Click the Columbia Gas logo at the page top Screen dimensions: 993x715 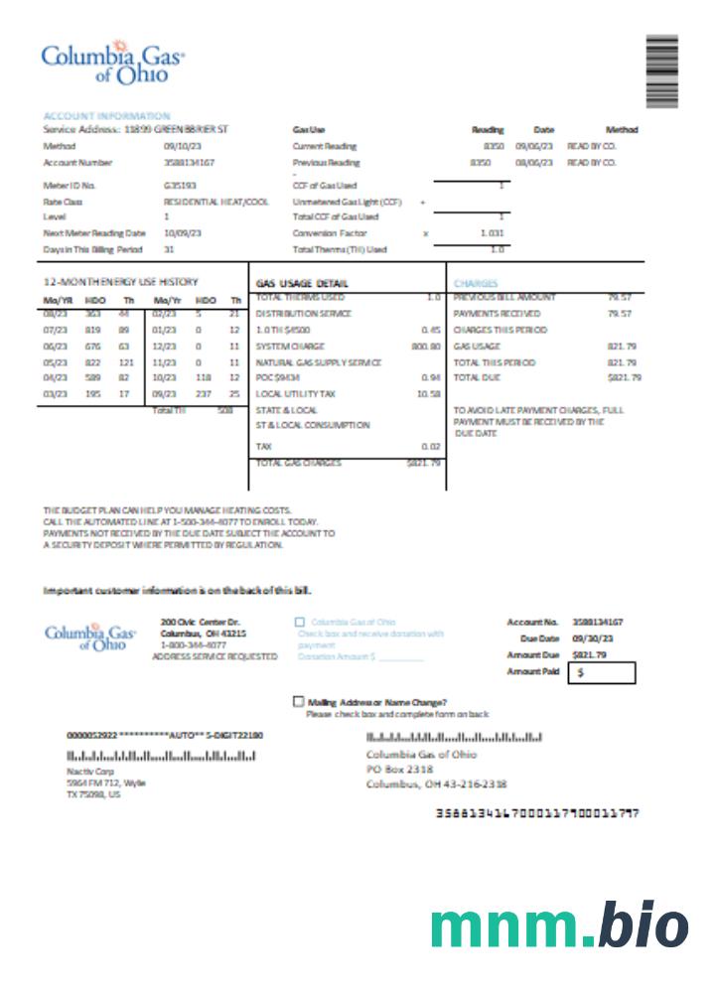pyautogui.click(x=112, y=62)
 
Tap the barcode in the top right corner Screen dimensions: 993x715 pyautogui.click(x=661, y=71)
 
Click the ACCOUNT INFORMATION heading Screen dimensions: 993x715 pyautogui.click(x=106, y=116)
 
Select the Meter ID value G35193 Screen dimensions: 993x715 pyautogui.click(x=180, y=185)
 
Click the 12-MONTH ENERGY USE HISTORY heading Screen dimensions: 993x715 pyautogui.click(x=121, y=282)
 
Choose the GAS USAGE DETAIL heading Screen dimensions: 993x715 pyautogui.click(x=302, y=283)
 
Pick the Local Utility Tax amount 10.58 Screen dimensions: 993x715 pyautogui.click(x=428, y=393)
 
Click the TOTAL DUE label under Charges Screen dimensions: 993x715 pyautogui.click(x=476, y=377)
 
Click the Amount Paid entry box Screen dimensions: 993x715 pyautogui.click(x=601, y=673)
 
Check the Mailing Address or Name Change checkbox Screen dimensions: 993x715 pyautogui.click(x=299, y=701)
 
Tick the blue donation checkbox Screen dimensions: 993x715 pyautogui.click(x=300, y=623)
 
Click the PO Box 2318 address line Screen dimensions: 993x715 pyautogui.click(x=399, y=769)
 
